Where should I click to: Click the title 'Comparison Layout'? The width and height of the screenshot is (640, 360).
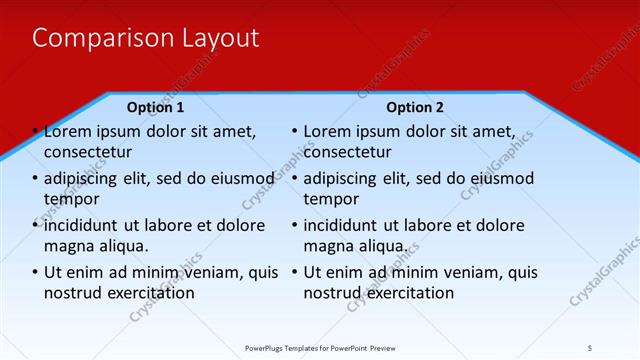coord(146,38)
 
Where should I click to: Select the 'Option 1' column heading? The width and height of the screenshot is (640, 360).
coord(156,107)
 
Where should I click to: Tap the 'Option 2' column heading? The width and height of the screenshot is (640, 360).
coord(415,107)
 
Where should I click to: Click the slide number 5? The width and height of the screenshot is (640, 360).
coord(590,347)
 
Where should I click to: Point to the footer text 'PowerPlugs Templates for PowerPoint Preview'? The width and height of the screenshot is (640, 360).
coord(325,347)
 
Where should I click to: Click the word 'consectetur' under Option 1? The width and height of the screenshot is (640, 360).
coord(89,152)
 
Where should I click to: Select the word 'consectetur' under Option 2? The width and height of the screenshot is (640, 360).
coord(348,152)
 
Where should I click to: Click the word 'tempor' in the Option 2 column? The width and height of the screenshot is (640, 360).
coord(328,199)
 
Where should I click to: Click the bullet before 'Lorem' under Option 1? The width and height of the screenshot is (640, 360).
coord(35,132)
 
